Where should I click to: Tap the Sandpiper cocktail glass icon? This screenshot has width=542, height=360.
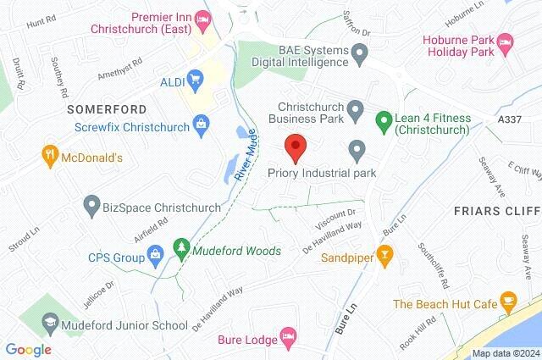click(x=384, y=252)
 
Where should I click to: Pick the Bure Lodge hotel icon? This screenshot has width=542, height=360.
click(x=288, y=340)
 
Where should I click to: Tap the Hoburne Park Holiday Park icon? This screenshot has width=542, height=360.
click(x=505, y=41)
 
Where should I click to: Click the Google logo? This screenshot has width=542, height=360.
click(x=28, y=350)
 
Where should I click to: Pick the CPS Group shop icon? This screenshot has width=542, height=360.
click(x=156, y=254)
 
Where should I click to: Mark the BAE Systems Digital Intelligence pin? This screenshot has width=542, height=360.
click(x=360, y=54)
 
